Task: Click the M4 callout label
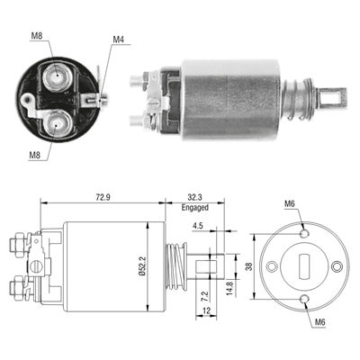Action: click(119, 40)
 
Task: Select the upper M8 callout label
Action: click(37, 35)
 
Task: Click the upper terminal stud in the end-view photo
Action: click(60, 73)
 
